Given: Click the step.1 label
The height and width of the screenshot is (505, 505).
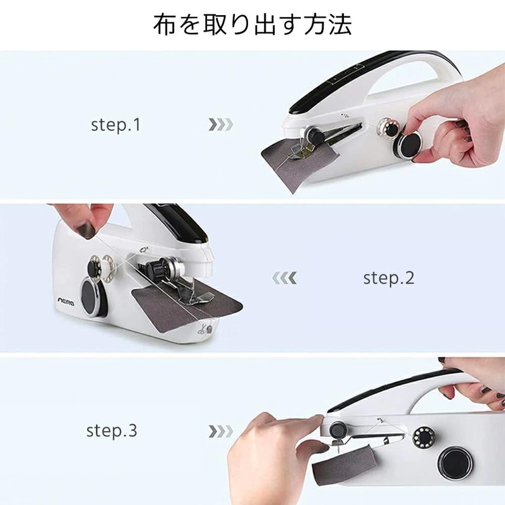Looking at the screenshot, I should tap(116, 124).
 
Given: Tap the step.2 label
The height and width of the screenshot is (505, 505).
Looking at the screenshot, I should tap(389, 278).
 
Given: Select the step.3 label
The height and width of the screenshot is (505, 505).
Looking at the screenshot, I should tap(112, 432).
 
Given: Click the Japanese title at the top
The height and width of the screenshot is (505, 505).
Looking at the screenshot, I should tap(252, 25).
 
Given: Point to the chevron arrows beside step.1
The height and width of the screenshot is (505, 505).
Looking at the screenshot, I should tap(221, 124).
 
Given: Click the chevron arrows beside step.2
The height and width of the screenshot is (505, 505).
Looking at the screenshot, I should tap(283, 278).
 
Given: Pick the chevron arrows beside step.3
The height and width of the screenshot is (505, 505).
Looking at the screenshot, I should tap(221, 432).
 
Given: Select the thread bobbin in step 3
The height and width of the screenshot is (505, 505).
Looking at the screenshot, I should tap(421, 436).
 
